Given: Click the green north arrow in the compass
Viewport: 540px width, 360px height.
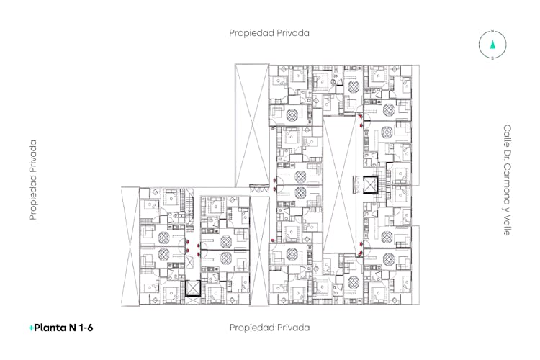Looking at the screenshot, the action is click(492, 45).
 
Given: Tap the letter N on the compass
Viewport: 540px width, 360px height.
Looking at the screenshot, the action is click(492, 32).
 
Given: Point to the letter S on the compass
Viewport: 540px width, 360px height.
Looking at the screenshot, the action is click(492, 58).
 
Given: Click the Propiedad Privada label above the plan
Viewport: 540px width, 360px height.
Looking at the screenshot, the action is click(269, 33).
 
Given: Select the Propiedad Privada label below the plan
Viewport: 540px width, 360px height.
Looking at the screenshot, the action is click(270, 328).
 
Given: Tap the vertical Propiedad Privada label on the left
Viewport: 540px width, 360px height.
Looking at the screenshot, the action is click(32, 180).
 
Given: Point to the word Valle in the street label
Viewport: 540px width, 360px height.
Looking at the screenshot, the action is click(507, 225).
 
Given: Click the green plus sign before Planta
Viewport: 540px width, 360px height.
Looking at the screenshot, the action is click(31, 328).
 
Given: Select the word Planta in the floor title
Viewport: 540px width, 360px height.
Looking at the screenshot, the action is click(50, 328).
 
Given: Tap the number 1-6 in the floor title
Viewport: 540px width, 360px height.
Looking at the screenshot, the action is click(86, 328).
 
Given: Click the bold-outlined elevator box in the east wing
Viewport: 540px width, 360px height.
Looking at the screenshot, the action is click(371, 185).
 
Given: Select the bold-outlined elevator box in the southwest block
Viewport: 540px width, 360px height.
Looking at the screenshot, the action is click(193, 288).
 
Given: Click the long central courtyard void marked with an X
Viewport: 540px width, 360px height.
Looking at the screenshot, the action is click(340, 185).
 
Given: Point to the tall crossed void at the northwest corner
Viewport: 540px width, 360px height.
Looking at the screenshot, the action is click(252, 125).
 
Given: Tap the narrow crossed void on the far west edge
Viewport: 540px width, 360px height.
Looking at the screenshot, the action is click(130, 246).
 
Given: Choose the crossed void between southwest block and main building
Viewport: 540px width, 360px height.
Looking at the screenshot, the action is click(259, 251).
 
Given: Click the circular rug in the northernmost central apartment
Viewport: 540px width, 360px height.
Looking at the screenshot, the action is click(354, 87).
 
